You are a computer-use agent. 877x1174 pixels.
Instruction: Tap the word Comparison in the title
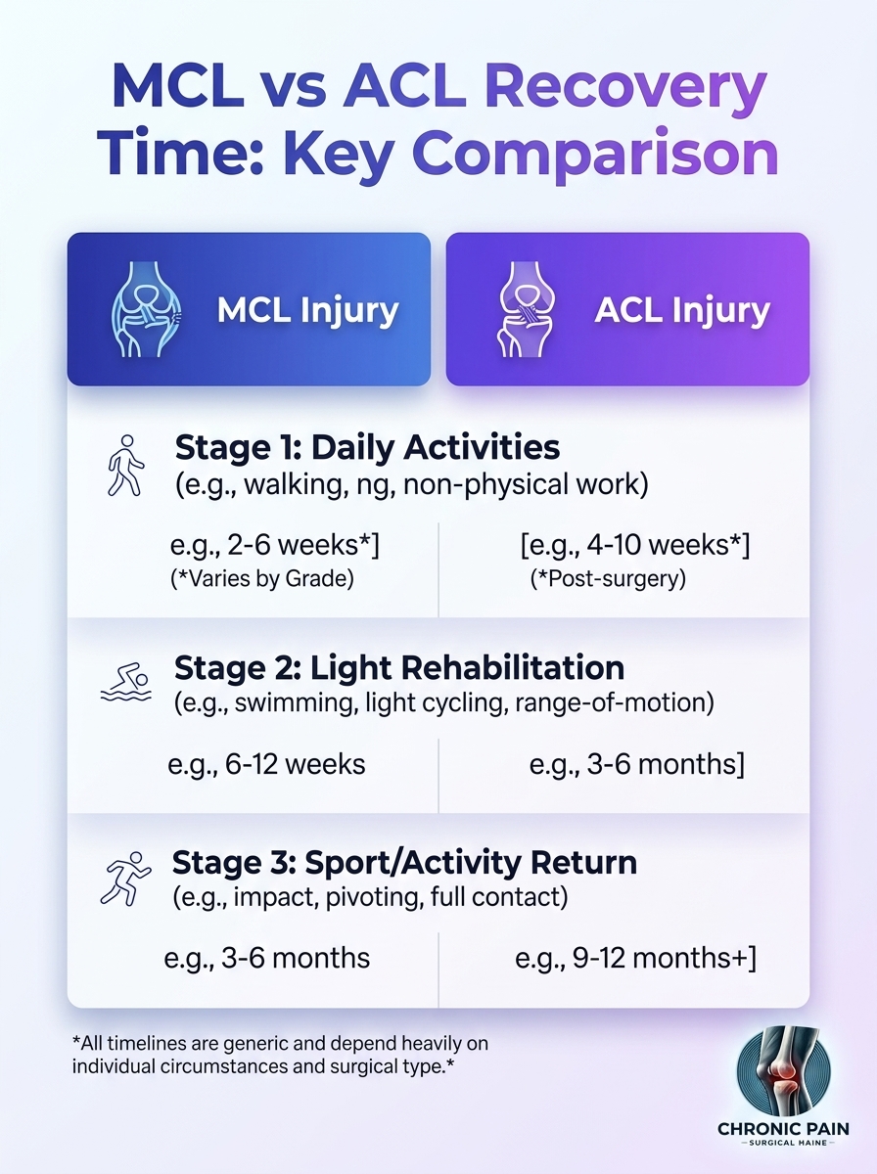(595, 155)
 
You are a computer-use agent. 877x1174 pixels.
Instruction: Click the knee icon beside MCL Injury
(146, 309)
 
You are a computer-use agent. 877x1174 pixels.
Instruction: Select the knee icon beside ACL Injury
(525, 309)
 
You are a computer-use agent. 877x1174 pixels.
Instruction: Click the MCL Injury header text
(307, 311)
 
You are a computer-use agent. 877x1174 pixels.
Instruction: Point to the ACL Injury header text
(682, 311)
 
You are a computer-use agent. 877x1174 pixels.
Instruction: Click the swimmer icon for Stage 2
(126, 682)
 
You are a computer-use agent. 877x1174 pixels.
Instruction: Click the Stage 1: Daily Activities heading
(367, 447)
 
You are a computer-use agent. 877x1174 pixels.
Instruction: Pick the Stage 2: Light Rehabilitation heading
(399, 668)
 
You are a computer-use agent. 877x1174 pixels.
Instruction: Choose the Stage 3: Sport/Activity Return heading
(404, 862)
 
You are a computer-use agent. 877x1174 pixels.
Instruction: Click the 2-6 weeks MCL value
(274, 546)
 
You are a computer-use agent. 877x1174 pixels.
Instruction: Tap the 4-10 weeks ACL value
(635, 546)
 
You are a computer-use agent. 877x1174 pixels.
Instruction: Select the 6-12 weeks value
(266, 764)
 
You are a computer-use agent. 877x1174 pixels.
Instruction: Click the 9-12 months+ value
(635, 958)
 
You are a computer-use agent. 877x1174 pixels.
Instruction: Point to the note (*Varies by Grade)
(262, 579)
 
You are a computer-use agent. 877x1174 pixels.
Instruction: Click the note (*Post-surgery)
(608, 579)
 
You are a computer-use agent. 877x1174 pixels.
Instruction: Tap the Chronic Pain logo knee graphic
(784, 1072)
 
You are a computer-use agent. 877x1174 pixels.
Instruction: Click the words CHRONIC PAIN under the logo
(783, 1129)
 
